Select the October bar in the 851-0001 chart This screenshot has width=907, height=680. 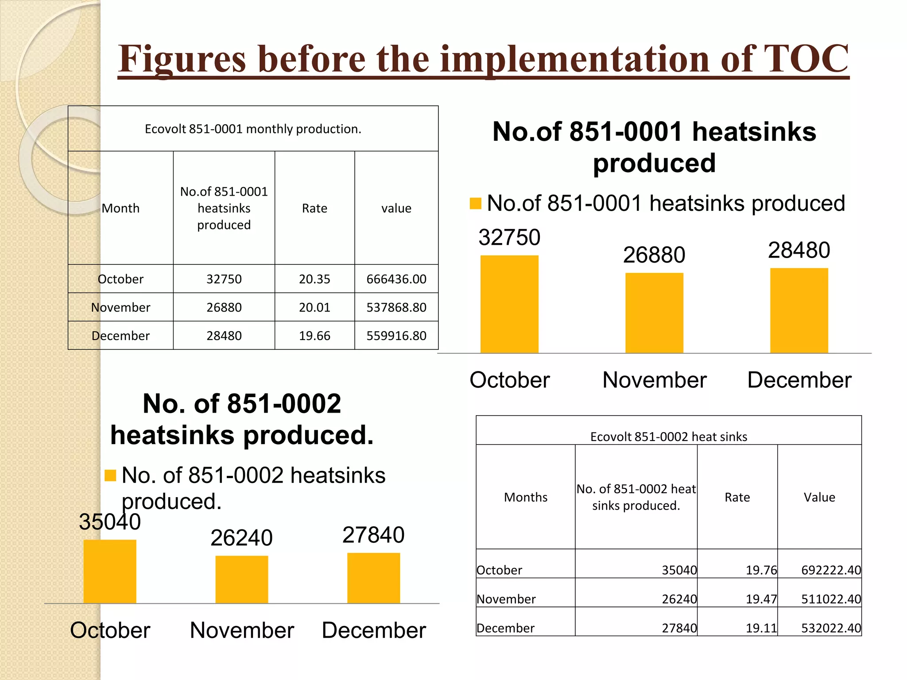coord(509,304)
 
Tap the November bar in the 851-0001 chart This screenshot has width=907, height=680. coord(654,313)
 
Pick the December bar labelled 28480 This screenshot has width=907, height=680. coord(799,310)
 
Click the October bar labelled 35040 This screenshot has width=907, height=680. coord(110,571)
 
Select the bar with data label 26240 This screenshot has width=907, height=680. coord(241,579)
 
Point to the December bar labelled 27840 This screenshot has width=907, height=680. coord(373,578)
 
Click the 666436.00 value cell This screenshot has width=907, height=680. coord(396,279)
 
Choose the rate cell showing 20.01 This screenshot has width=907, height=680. coord(314,307)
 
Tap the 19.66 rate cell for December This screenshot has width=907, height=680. coord(314,336)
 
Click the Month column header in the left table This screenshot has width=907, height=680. coord(120,208)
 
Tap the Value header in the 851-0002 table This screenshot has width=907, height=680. coord(819,497)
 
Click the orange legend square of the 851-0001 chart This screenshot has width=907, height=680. coord(475,203)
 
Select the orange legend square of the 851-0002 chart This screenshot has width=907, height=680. coord(110,475)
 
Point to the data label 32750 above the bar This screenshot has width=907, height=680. coord(509,237)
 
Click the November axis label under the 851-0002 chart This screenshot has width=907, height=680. coord(242,630)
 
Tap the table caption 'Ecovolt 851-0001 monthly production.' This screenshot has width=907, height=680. coord(253,129)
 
